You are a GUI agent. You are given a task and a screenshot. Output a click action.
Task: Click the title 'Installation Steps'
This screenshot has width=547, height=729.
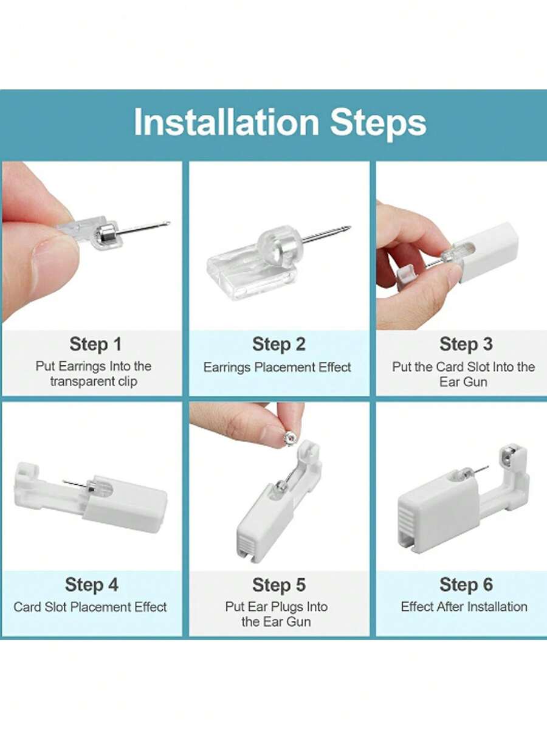(280, 122)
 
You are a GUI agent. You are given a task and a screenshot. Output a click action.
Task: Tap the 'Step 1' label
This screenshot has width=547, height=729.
(95, 345)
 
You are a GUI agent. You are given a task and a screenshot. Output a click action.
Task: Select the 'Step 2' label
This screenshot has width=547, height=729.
(279, 345)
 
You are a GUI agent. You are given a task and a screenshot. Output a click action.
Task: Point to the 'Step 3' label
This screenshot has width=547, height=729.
(466, 345)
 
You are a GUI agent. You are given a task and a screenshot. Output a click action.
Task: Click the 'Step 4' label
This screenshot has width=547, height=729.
(92, 585)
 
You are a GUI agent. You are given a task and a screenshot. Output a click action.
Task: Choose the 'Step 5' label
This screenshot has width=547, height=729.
(279, 585)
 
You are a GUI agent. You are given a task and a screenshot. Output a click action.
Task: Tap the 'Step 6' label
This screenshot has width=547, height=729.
(466, 585)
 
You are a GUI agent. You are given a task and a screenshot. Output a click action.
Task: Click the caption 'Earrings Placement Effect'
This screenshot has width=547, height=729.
(277, 367)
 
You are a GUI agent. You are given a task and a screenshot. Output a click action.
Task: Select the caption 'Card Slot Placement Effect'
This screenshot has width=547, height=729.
(90, 607)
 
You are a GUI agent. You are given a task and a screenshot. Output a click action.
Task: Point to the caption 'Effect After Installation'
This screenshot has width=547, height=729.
(464, 607)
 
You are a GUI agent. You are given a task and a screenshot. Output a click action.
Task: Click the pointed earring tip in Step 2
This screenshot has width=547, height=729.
(349, 227)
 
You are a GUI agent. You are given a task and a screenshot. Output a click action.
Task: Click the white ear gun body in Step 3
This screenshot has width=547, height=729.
(488, 252)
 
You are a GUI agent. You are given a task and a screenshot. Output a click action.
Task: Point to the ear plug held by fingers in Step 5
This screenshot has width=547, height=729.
(289, 438)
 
